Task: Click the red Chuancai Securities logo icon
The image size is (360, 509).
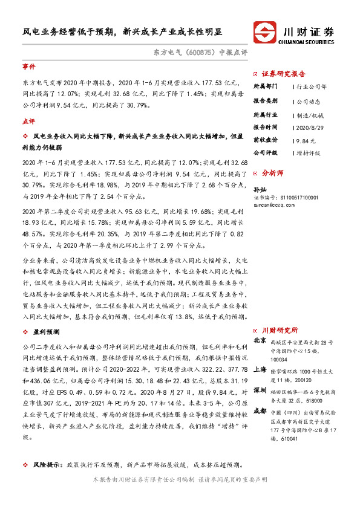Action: tap(264, 31)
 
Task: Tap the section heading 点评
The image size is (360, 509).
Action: tap(28, 122)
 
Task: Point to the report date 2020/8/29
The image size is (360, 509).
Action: tap(312, 127)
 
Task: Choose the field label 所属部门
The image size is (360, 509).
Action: tap(266, 86)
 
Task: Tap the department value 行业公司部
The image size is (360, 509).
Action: tap(312, 86)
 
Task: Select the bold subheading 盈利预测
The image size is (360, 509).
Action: tap(45, 331)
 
